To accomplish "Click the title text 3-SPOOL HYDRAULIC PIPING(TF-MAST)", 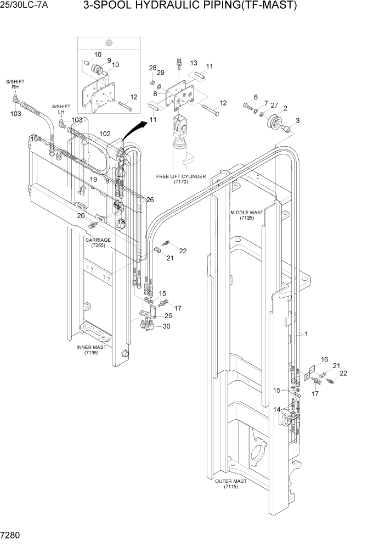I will click(190, 6).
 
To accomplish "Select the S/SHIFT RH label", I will click(15, 84).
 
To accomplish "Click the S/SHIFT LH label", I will click(61, 109).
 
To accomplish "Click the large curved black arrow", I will click(135, 130).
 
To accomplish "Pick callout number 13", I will click(192, 63).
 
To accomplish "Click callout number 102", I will click(105, 134).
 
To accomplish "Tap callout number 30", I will click(166, 326).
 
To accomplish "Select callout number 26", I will click(150, 199).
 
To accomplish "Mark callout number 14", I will click(277, 409).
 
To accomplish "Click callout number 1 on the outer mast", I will click(306, 334).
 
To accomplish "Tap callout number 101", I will click(36, 140).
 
